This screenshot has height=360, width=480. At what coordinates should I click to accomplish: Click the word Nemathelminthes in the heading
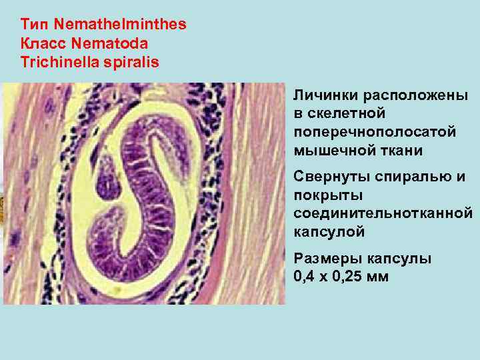[121, 25]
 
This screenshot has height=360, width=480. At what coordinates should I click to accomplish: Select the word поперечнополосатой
[375, 132]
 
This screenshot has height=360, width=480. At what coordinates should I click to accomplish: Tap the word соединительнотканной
[383, 213]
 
